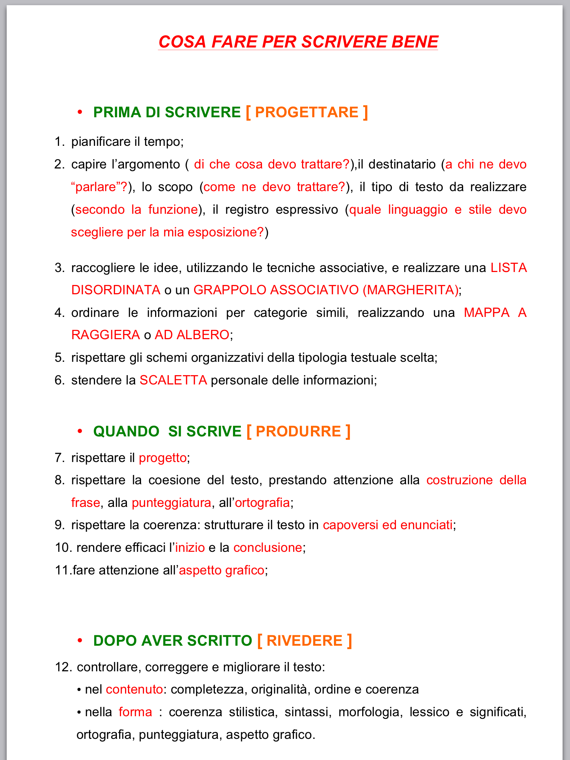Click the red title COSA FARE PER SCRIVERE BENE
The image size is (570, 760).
point(298,42)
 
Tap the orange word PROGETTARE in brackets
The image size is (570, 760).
point(307,112)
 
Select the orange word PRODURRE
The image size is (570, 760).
point(298,431)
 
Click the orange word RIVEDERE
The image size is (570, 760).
point(304,641)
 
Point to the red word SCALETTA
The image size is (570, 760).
point(173,380)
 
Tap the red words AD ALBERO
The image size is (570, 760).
point(192,335)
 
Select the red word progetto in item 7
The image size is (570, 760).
point(163,458)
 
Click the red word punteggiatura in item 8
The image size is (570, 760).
point(171,503)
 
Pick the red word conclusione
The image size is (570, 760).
point(268,548)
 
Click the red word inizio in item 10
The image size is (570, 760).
point(190,548)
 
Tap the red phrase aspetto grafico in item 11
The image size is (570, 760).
point(222,570)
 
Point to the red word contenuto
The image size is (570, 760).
point(134,689)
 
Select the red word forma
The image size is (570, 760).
point(135,712)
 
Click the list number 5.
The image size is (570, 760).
point(59,358)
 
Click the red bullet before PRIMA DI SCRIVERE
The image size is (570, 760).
point(79,112)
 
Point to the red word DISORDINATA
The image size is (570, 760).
point(116,290)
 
